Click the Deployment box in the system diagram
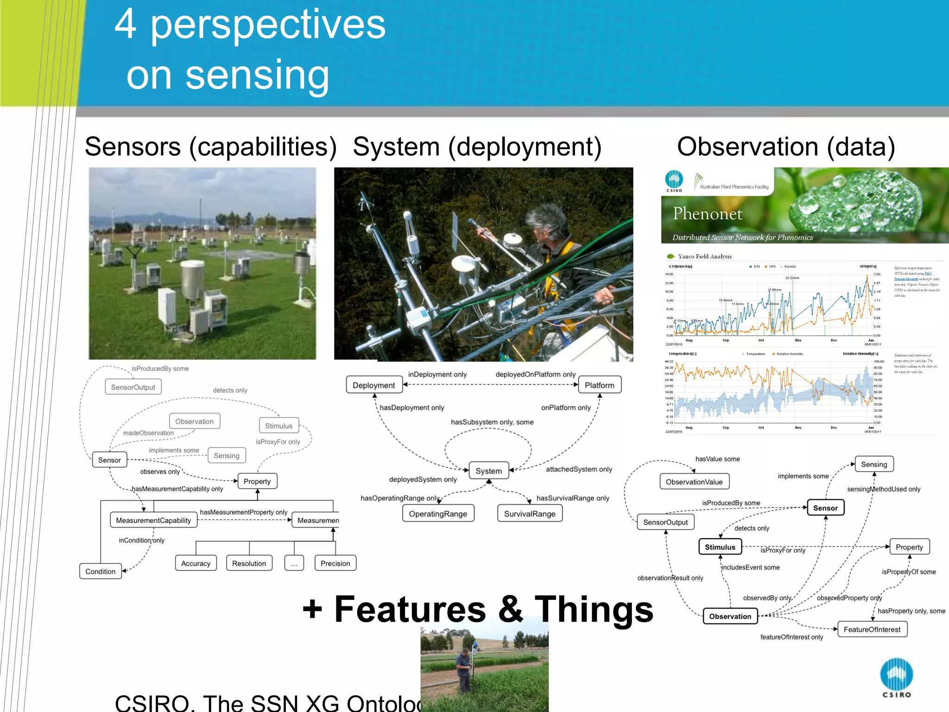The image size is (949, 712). [374, 385]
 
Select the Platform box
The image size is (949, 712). [599, 385]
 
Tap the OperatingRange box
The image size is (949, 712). [438, 514]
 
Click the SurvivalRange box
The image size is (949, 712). [530, 514]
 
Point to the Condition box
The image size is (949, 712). [101, 571]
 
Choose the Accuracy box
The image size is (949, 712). [196, 563]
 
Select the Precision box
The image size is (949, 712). [335, 563]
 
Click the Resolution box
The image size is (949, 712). [249, 563]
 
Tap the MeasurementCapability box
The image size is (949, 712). [153, 520]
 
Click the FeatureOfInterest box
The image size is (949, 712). [872, 629]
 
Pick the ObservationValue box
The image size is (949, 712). [694, 482]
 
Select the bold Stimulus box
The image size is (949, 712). [720, 547]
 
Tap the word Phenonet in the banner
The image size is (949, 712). [707, 213]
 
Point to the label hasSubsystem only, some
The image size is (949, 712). [492, 422]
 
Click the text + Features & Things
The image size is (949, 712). [477, 609]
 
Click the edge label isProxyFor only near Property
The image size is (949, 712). [783, 550]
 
